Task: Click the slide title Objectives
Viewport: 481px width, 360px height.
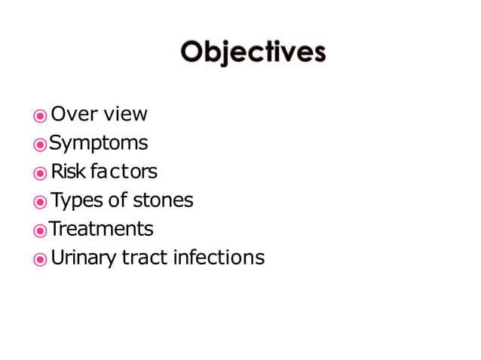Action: [x=253, y=52]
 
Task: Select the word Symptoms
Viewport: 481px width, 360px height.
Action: [x=98, y=143]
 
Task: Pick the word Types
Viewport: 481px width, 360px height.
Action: [x=74, y=200]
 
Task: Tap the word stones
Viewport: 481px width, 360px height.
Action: [x=163, y=200]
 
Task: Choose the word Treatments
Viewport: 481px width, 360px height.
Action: [x=101, y=228]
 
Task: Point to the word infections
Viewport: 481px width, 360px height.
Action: [x=219, y=258]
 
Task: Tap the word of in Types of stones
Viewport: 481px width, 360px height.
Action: [x=119, y=200]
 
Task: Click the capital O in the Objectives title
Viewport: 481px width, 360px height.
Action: [x=192, y=52]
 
